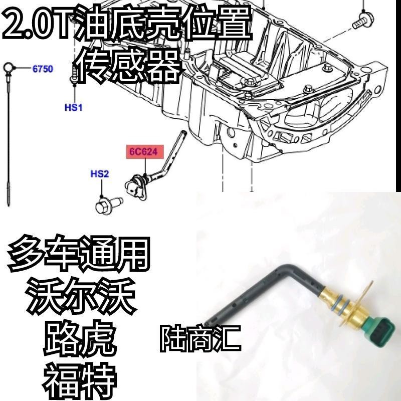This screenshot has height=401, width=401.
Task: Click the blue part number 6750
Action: click(x=43, y=69)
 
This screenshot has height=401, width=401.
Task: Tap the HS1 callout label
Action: click(x=73, y=107)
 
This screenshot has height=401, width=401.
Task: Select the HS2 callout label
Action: click(x=99, y=174)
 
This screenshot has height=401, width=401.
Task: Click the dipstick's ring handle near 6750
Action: click(x=9, y=66)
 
